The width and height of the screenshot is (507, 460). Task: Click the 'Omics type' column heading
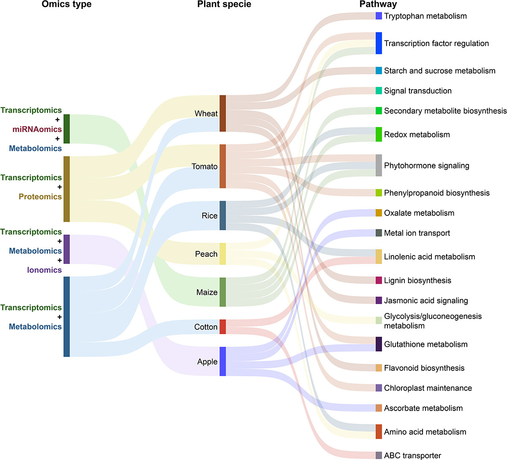66,5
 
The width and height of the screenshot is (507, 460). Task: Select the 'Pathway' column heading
378,5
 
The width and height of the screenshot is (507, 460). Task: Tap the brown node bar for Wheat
223,113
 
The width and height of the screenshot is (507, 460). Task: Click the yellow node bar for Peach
223,254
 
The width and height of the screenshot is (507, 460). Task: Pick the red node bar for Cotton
223,327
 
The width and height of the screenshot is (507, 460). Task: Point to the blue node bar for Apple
223,361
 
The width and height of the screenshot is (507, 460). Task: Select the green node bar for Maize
223,292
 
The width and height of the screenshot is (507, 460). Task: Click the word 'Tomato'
204,166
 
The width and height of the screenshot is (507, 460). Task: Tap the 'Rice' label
210,216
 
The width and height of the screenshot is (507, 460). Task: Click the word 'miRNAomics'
37,129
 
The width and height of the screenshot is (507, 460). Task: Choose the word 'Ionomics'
44,270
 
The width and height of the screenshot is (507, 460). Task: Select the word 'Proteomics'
40,196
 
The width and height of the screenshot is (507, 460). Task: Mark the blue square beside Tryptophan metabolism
379,16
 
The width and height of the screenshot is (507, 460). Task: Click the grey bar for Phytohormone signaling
379,165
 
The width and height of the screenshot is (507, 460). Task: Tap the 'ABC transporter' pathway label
412,455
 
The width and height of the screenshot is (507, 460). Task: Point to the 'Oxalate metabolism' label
419,213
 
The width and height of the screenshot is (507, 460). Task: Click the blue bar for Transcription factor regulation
379,43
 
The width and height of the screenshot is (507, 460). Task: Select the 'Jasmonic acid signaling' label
426,301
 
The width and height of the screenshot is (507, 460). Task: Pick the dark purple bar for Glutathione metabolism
379,344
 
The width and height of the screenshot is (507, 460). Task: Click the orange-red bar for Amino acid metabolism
379,432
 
